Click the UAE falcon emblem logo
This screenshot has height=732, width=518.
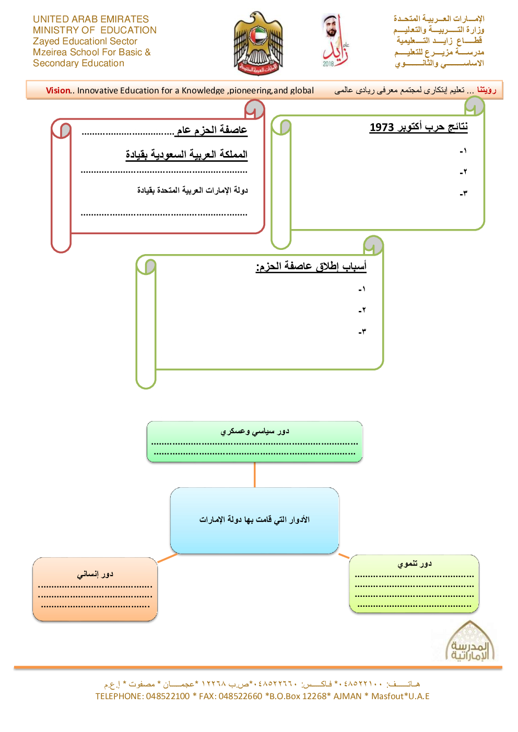[x=258, y=44]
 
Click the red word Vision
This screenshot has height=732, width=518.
[x=57, y=90]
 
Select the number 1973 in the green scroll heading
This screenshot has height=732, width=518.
[x=382, y=127]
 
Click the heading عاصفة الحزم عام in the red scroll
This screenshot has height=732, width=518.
[x=212, y=130]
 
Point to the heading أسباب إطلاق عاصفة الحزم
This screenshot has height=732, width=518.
[x=311, y=266]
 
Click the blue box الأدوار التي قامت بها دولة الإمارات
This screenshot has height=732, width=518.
[x=254, y=520]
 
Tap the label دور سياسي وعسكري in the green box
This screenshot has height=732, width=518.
[x=255, y=431]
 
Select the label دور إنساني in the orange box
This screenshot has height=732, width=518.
[x=95, y=574]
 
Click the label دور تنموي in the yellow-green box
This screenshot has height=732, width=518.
[x=415, y=563]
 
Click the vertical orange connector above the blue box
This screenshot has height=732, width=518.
[x=255, y=475]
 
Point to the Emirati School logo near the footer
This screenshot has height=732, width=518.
[x=470, y=642]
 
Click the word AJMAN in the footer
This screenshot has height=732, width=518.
[x=347, y=696]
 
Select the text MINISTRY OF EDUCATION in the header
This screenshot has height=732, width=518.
[x=95, y=30]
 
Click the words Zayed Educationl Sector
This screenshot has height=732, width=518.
[x=85, y=41]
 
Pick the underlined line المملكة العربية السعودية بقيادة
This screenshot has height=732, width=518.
[x=186, y=154]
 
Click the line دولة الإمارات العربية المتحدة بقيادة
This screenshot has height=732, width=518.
[x=193, y=190]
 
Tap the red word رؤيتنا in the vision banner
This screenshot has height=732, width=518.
[x=486, y=90]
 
